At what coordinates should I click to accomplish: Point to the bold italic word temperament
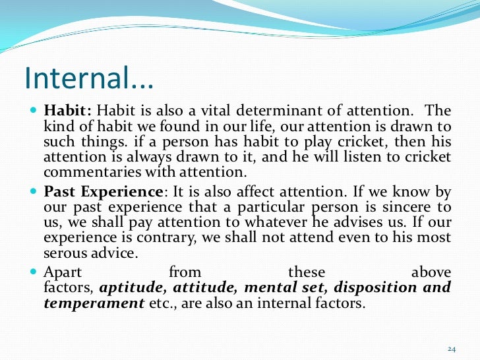(x=94, y=303)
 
